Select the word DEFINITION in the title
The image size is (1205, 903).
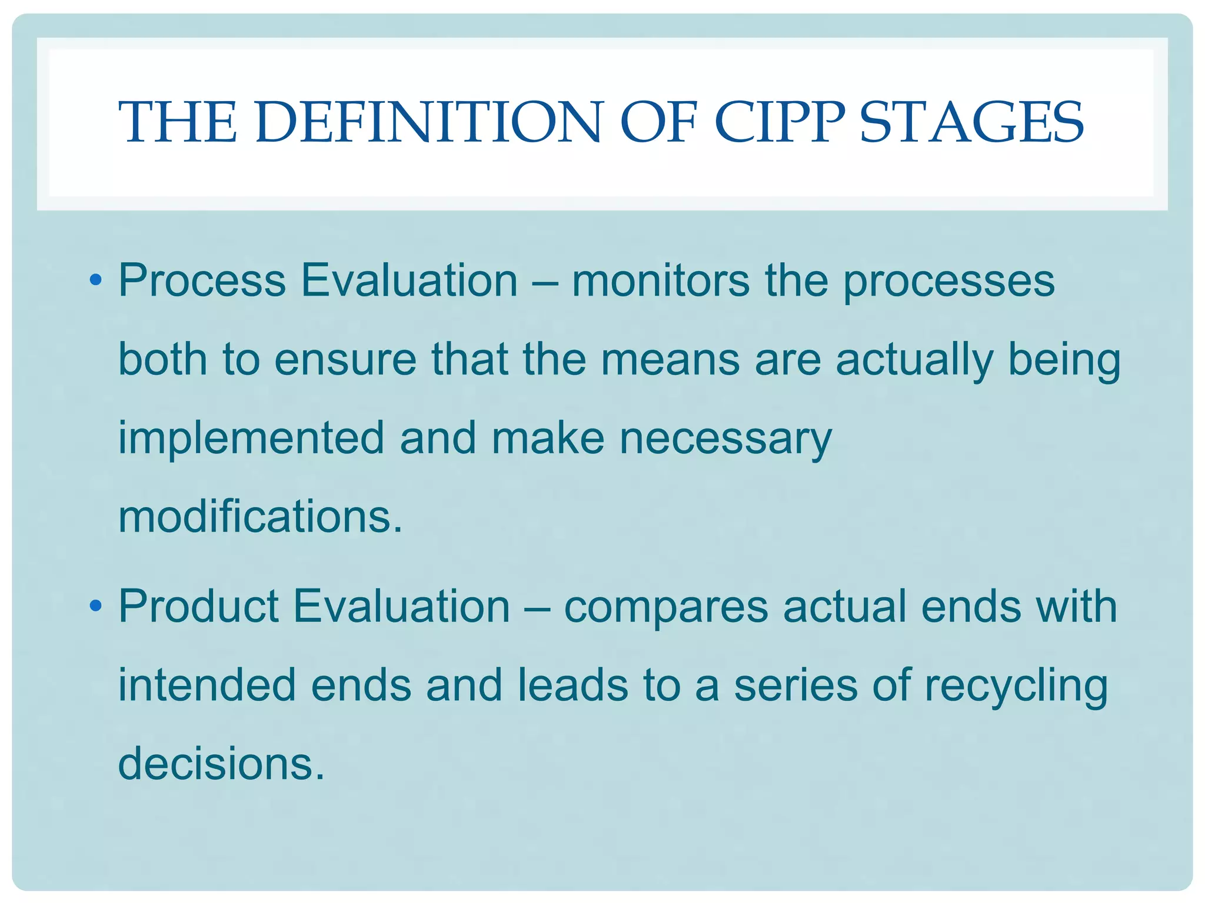[x=429, y=122]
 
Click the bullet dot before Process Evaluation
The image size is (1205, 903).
[x=96, y=279]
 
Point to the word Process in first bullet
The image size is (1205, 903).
[x=202, y=280]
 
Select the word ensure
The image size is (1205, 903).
[x=345, y=360]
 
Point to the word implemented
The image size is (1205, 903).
[x=251, y=439]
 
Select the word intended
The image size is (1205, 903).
[x=207, y=685]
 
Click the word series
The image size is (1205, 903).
[x=795, y=685]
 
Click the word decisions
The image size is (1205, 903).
[x=221, y=763]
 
